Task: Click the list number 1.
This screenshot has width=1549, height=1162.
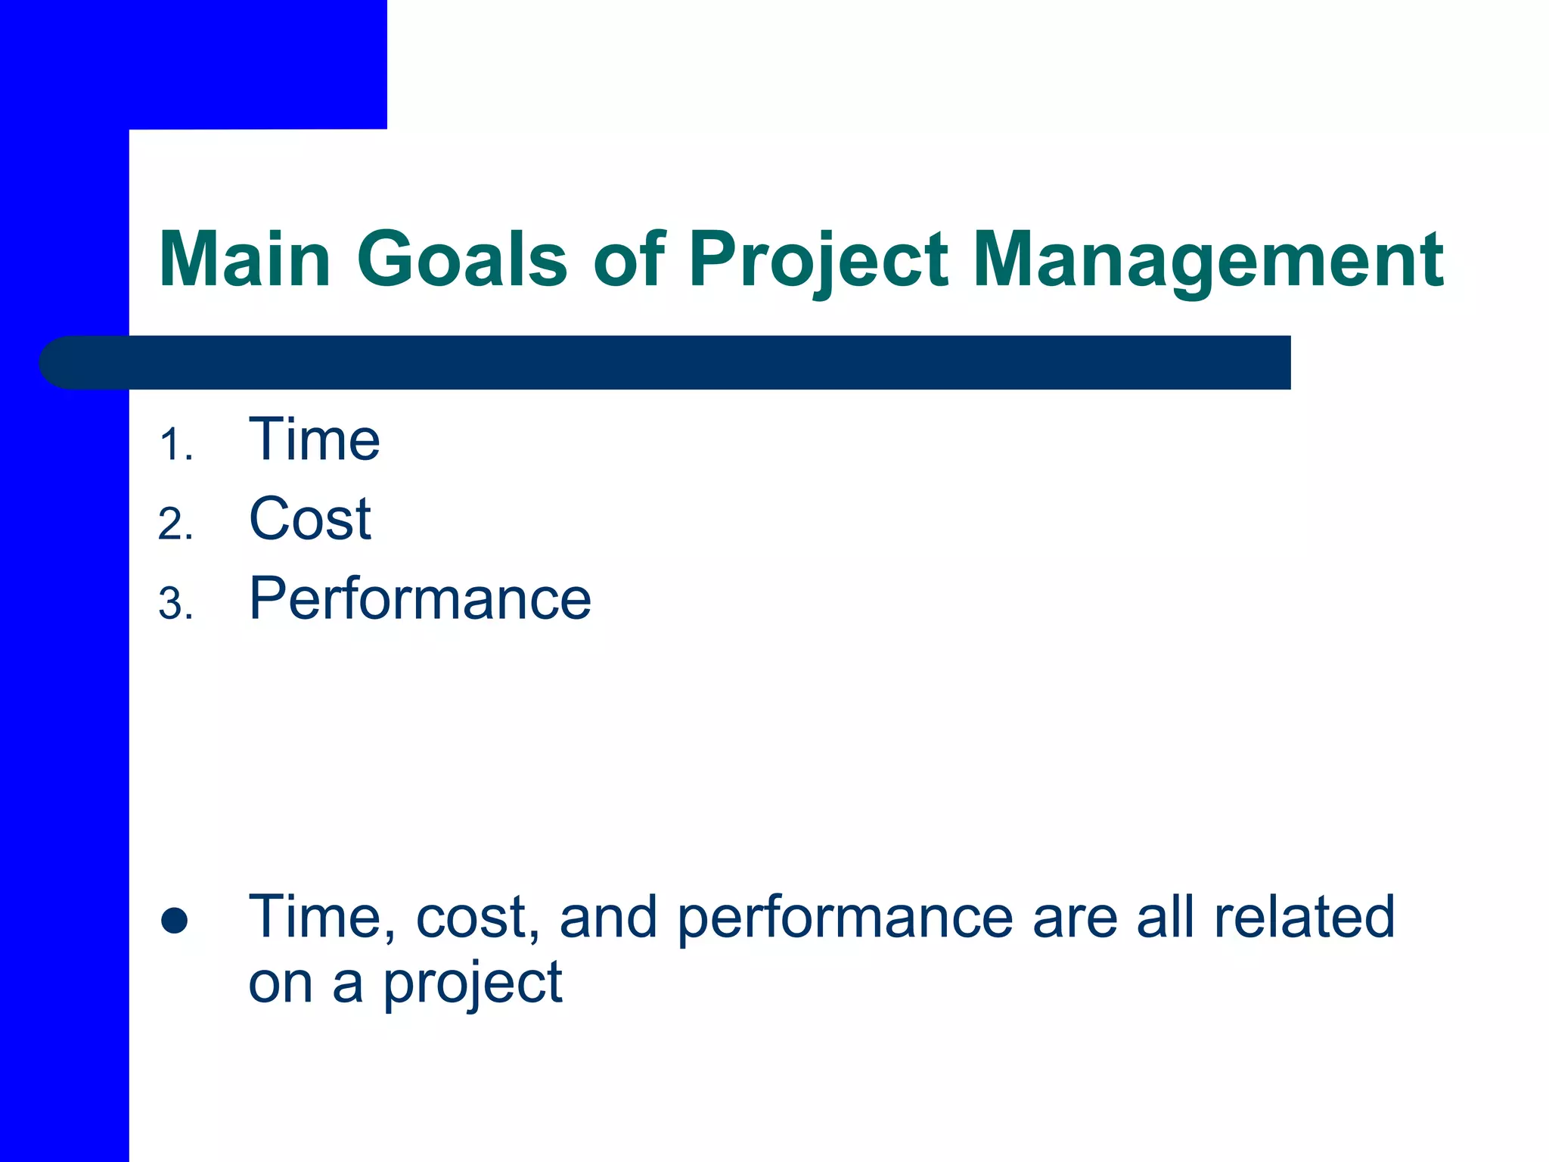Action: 175,446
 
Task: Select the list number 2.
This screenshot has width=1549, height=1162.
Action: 175,525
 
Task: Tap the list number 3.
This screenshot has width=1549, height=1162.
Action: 175,604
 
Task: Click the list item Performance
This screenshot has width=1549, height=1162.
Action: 420,598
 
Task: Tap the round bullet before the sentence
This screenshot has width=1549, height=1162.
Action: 175,920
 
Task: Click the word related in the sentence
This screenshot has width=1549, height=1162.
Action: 1304,917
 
